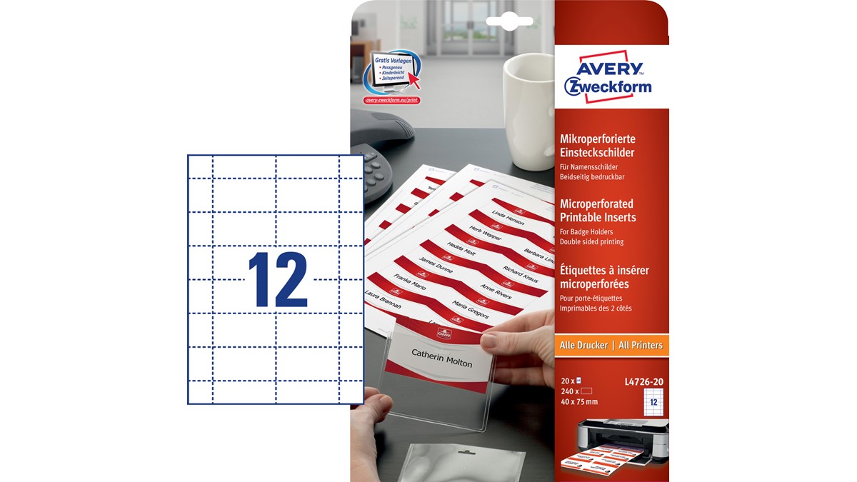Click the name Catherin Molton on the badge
click(x=441, y=358)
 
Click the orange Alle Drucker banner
click(x=611, y=346)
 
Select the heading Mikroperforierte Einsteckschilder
click(x=597, y=146)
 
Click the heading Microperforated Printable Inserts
click(x=598, y=211)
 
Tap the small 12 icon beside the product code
click(x=653, y=402)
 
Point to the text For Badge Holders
click(x=586, y=231)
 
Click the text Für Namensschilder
click(x=588, y=167)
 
